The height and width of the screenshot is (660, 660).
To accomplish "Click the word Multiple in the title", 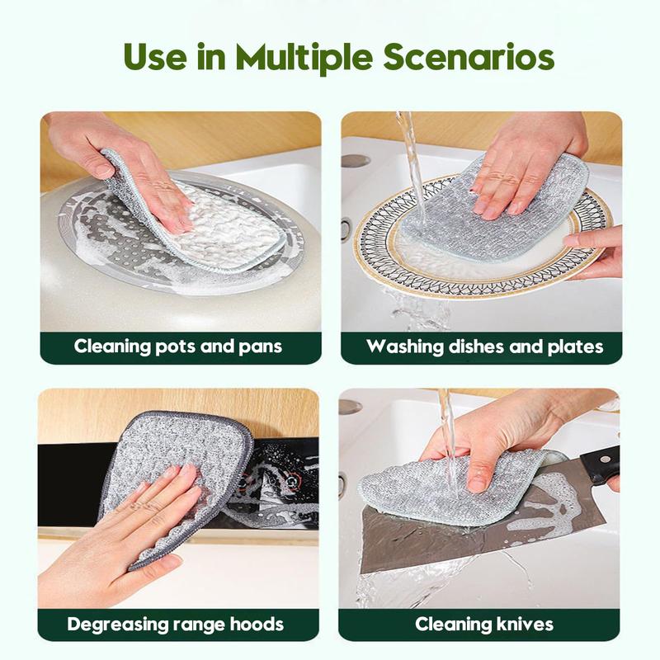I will pyautogui.click(x=307, y=58).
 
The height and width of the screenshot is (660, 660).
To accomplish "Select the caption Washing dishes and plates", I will pyautogui.click(x=484, y=346).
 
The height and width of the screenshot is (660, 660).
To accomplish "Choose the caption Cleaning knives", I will pyautogui.click(x=484, y=624).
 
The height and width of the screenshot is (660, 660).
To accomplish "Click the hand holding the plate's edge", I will pyautogui.click(x=598, y=247).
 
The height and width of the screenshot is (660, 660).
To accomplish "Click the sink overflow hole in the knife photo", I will pyautogui.click(x=351, y=407).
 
